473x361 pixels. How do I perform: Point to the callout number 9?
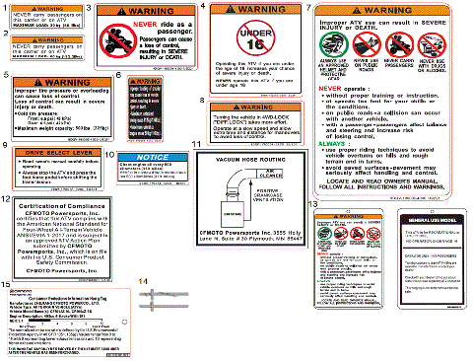(x=6, y=145)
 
